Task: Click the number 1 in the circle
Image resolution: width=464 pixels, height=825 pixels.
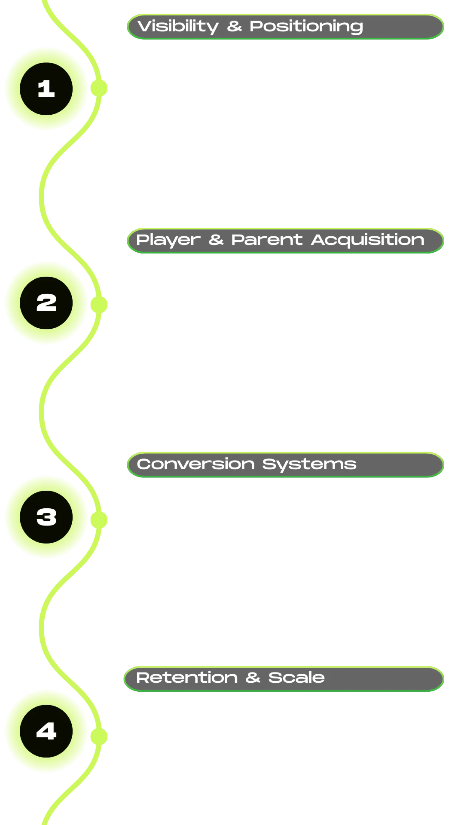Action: click(46, 89)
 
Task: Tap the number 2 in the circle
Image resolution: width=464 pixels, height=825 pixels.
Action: click(46, 303)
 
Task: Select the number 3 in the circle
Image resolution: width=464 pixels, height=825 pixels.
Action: click(46, 517)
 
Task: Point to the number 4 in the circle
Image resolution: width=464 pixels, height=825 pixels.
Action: click(46, 731)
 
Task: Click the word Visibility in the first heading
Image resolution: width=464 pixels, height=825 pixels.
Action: click(178, 27)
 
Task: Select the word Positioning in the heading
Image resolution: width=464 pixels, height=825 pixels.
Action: click(306, 27)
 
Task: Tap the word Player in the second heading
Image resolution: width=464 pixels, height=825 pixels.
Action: click(168, 240)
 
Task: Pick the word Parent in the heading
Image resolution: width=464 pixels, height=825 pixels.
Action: click(267, 240)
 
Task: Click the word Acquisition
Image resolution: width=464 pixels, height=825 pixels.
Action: click(367, 240)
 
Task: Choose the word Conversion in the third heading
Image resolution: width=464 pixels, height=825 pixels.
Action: click(195, 464)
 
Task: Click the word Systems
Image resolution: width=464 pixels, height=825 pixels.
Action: click(309, 464)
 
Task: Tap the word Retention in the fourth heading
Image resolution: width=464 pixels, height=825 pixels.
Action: click(186, 678)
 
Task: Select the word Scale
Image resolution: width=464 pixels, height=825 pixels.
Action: click(296, 678)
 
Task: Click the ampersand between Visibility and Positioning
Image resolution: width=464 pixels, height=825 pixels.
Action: click(235, 27)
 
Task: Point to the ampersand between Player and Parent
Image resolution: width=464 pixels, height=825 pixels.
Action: click(216, 240)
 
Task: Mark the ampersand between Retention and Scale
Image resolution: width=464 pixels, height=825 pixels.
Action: click(253, 678)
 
